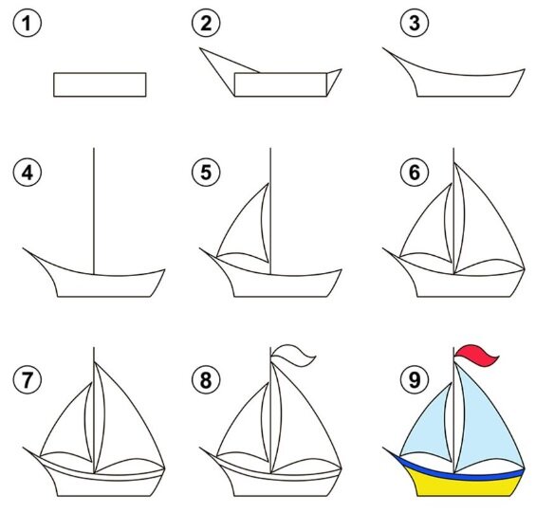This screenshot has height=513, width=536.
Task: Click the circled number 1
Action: coord(28,24)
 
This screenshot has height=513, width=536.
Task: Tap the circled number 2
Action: coord(206,24)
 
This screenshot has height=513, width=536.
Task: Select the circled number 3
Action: coord(415,24)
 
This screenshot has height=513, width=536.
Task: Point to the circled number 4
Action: coord(28,173)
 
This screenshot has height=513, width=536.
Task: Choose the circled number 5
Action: coord(206,173)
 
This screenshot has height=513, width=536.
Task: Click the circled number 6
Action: coord(415,173)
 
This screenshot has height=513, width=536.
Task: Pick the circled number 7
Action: coord(28,379)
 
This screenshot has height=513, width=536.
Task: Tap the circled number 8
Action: coord(206,379)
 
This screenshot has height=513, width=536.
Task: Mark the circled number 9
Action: coord(415,379)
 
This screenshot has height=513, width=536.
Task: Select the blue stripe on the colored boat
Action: coord(458,473)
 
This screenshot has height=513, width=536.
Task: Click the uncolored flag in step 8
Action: coord(293,356)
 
